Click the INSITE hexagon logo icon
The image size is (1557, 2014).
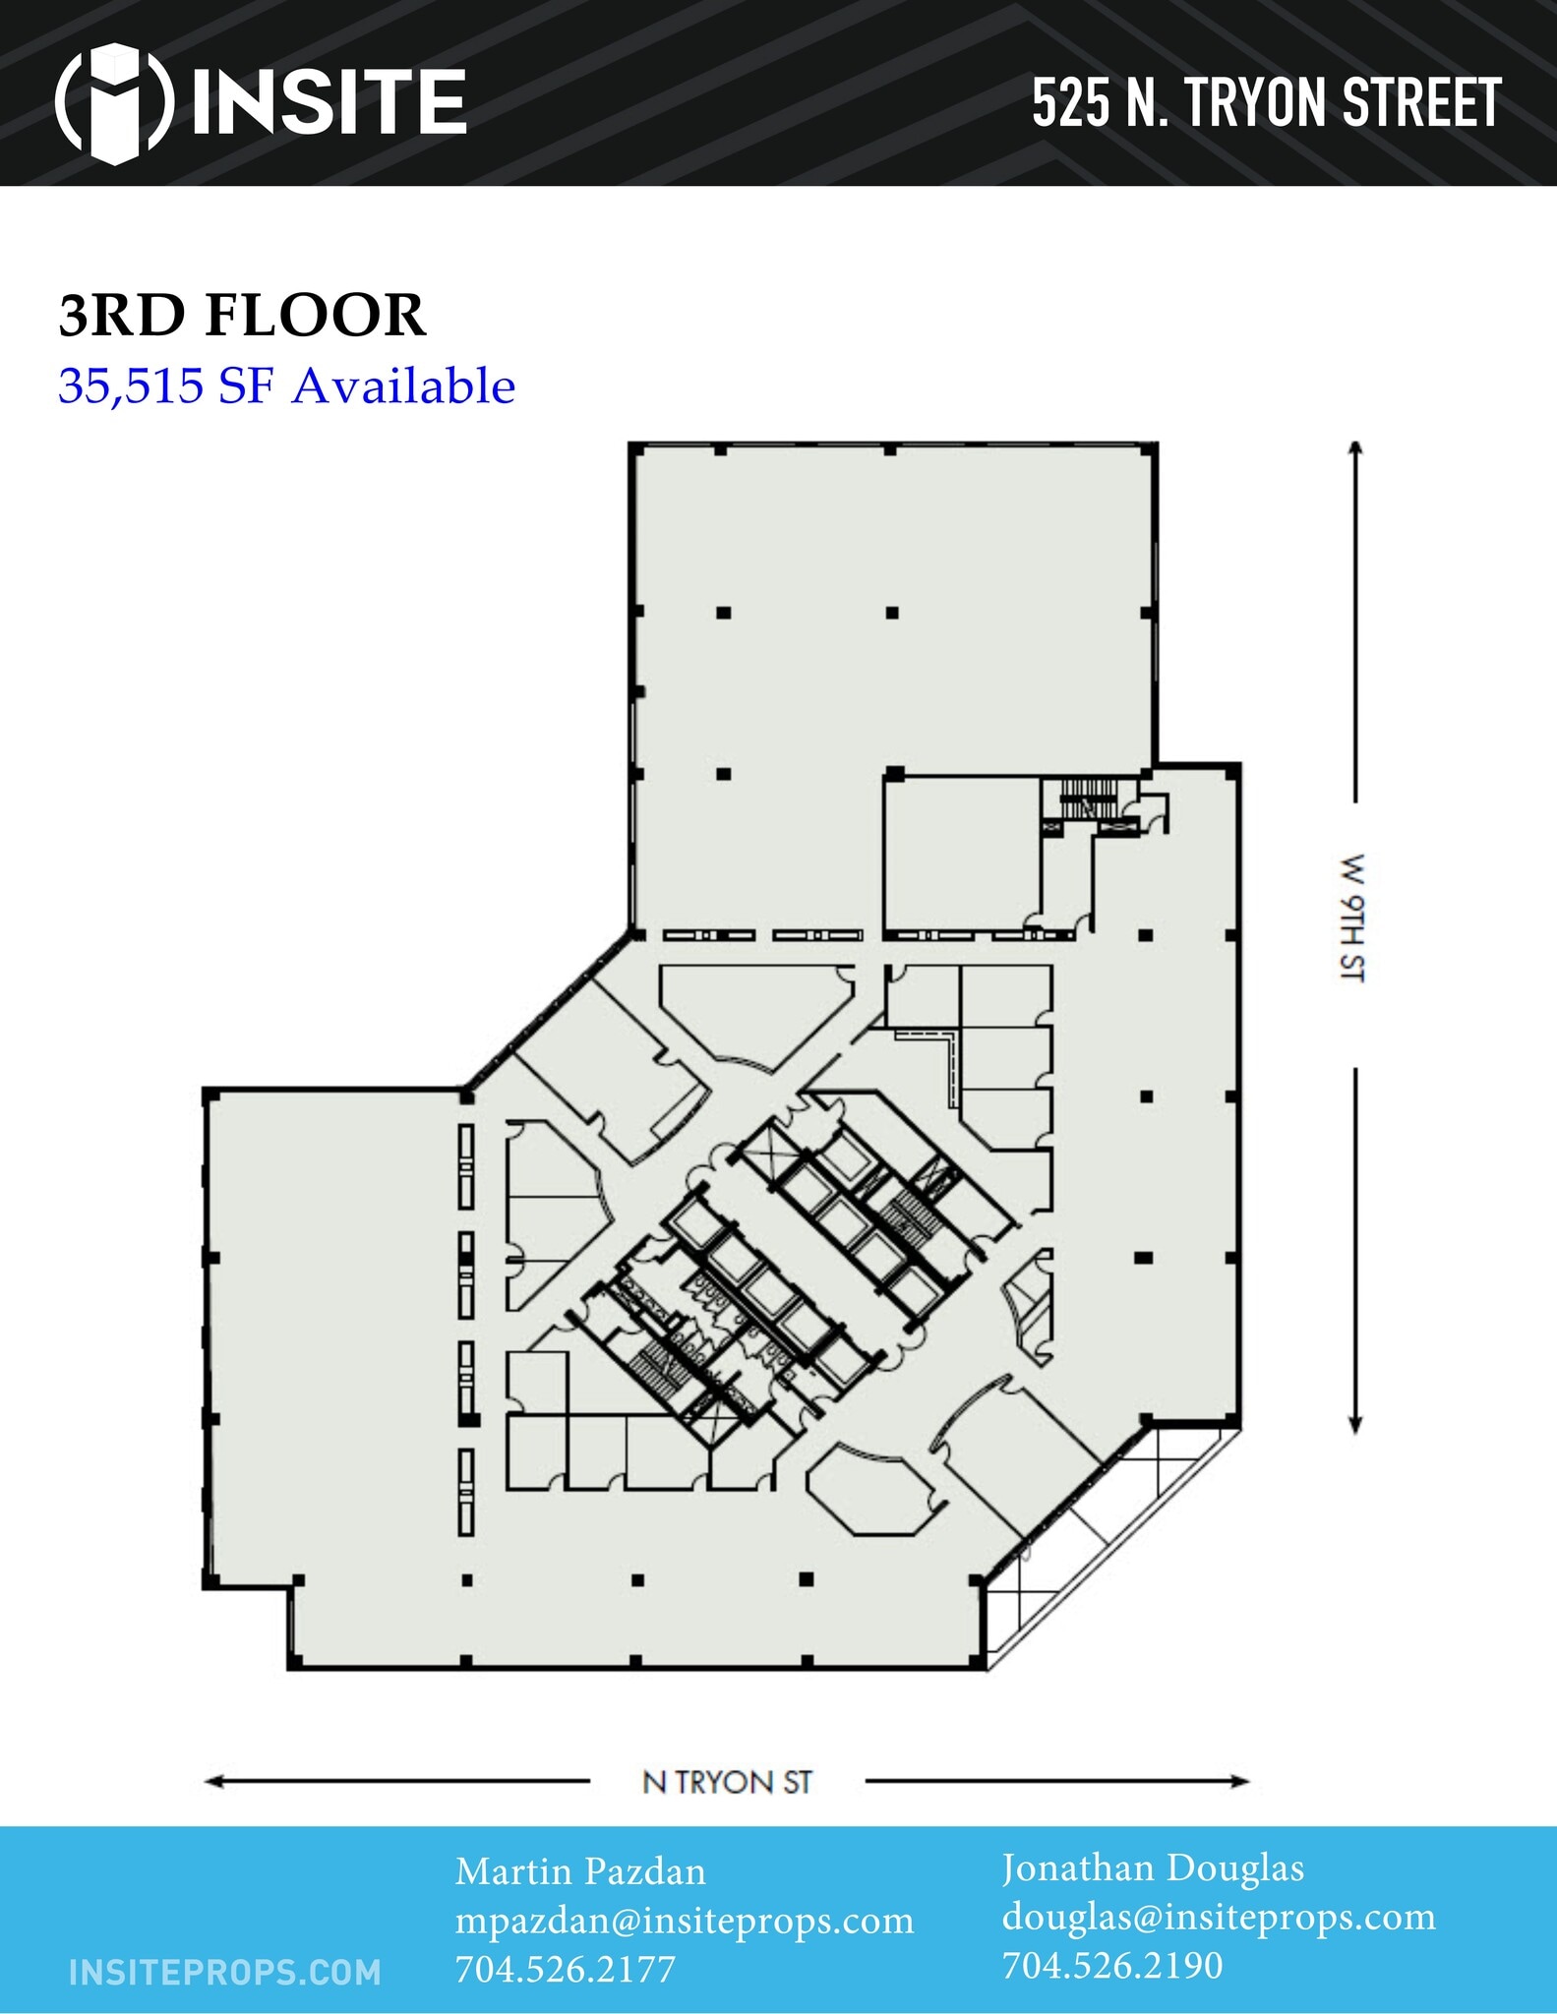coord(115,101)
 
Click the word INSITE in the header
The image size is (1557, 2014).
coord(329,102)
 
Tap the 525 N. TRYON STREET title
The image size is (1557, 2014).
coord(1266,103)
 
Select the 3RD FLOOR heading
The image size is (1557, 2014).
coord(242,316)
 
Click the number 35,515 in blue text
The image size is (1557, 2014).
coord(130,385)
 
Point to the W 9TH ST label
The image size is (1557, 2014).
coord(1353,918)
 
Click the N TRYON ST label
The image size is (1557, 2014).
coord(727,1782)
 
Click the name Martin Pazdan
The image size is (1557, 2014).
coord(580,1871)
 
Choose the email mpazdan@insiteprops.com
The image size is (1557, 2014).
coord(685,1921)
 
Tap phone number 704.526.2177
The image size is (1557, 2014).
coord(565,1969)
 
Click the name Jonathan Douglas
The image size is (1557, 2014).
coord(1153,1867)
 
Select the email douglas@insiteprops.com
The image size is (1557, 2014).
coord(1219,1917)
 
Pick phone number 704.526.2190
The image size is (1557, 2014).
coord(1112,1965)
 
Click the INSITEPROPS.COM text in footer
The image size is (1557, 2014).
coord(225,1972)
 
